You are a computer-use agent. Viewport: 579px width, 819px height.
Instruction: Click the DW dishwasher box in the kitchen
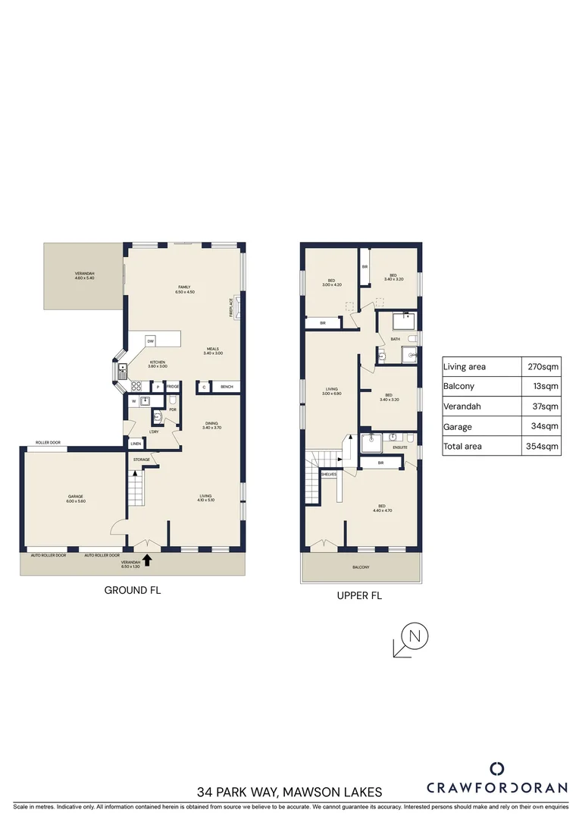150,340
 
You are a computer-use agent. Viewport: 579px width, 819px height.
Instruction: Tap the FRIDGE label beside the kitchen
173,387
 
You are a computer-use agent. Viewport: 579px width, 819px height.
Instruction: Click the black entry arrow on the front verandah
147,560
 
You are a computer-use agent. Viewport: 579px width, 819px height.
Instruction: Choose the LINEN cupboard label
135,444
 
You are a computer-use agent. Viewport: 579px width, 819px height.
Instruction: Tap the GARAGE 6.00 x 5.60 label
74,499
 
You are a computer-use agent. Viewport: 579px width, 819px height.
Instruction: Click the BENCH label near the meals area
226,388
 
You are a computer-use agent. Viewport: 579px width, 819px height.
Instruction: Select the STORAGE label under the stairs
142,460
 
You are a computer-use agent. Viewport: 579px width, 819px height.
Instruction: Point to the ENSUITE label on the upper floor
399,447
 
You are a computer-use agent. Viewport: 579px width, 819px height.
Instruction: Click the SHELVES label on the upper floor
328,474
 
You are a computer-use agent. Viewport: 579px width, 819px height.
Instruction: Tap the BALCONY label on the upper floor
361,567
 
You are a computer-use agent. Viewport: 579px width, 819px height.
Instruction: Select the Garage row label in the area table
458,427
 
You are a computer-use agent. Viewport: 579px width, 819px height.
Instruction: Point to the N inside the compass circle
414,635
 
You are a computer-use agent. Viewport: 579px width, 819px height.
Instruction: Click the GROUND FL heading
133,589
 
